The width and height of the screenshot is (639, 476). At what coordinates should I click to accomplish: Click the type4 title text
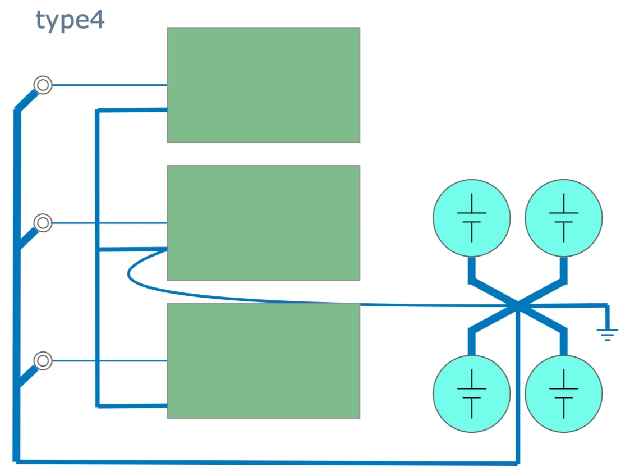click(x=70, y=21)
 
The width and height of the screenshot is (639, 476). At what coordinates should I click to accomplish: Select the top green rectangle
click(x=263, y=85)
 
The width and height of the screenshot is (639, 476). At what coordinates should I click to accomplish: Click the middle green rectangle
click(x=263, y=222)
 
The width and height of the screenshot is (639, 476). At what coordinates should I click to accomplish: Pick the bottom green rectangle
click(x=263, y=360)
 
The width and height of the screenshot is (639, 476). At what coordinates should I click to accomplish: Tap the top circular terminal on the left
click(x=43, y=85)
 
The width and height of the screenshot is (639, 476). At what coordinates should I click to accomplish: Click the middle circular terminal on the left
click(x=43, y=223)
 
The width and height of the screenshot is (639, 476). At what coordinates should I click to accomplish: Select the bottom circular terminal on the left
click(x=43, y=360)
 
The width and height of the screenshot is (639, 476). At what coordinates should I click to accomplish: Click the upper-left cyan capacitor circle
click(x=472, y=218)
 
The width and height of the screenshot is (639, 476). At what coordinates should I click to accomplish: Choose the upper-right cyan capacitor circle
click(x=563, y=218)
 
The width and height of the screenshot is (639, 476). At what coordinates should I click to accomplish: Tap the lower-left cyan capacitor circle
click(x=472, y=393)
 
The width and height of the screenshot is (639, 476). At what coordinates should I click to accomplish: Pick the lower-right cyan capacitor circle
click(x=563, y=393)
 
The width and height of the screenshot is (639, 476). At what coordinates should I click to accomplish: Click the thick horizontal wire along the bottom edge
click(x=264, y=463)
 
